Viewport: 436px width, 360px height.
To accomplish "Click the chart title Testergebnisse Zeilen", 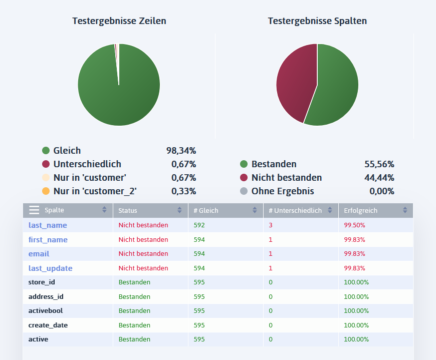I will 119,21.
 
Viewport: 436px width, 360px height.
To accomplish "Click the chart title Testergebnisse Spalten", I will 317,21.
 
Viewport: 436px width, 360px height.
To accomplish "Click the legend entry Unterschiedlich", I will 87,164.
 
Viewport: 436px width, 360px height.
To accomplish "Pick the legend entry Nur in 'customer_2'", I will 95,191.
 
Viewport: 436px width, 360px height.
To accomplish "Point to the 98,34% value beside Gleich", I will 181,150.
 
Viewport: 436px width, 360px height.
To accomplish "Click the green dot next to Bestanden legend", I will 244,164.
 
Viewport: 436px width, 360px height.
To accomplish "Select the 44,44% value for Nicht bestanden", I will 379,178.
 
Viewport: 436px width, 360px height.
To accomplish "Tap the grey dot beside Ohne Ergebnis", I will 244,191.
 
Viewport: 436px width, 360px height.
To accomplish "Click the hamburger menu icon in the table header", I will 34,210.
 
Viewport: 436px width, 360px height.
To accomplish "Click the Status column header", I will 128,211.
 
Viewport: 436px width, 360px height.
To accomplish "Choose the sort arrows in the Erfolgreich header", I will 405,211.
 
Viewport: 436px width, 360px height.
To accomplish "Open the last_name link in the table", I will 48,225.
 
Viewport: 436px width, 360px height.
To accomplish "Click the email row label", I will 39,254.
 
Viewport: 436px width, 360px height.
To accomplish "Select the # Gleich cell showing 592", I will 199,225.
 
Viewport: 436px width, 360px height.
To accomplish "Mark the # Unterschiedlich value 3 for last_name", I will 271,225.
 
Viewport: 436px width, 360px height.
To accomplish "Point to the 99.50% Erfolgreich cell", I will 354,225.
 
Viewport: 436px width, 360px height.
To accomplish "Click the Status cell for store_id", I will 134,282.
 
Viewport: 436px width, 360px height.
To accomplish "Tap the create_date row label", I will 48,325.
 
